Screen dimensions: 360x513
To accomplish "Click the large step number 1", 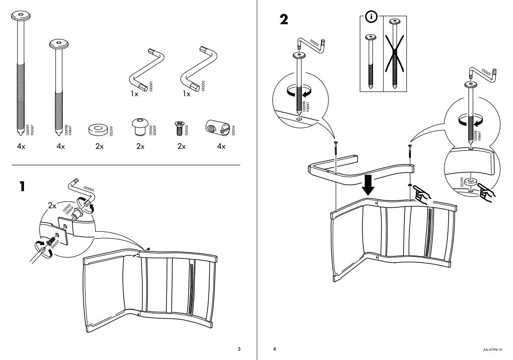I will click(x=21, y=187).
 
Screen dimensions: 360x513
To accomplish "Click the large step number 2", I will click(x=285, y=21).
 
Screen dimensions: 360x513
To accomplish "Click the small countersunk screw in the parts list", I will click(x=178, y=129).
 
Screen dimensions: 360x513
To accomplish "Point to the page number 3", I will click(x=239, y=349).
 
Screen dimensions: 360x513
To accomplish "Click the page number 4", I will click(x=275, y=349).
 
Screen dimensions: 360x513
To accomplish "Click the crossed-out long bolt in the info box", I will click(x=393, y=55).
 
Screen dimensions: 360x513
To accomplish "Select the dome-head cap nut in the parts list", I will click(x=139, y=127).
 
